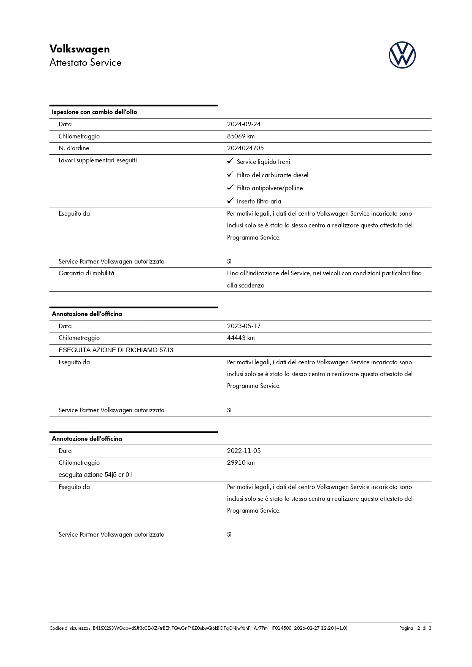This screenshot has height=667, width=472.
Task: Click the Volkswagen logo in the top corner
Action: (x=402, y=55)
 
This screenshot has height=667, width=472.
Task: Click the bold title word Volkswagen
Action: (x=79, y=49)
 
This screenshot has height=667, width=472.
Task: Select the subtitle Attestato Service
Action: (x=85, y=63)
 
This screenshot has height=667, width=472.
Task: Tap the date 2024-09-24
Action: (x=244, y=124)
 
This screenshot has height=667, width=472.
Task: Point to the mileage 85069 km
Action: (x=241, y=136)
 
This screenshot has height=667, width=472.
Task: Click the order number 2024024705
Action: (x=245, y=148)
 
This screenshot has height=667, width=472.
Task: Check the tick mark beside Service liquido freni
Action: (x=230, y=161)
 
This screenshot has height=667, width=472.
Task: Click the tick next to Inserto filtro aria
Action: (x=230, y=201)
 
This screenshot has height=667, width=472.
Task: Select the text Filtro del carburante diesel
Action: (x=272, y=175)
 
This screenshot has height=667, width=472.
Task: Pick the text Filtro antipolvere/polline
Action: (x=270, y=188)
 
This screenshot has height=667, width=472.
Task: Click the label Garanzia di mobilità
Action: (x=86, y=273)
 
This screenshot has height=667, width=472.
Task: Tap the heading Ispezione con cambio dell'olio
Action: (x=94, y=112)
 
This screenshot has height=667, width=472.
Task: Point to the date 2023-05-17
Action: (x=244, y=326)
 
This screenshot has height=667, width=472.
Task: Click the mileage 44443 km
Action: (x=241, y=338)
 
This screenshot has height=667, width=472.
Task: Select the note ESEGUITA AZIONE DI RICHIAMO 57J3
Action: (x=116, y=350)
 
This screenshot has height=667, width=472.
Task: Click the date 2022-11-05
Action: (x=244, y=451)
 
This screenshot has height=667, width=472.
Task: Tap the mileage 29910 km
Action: (x=241, y=462)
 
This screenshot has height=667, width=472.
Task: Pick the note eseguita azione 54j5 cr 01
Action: (x=95, y=475)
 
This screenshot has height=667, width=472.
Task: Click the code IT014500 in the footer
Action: (x=281, y=628)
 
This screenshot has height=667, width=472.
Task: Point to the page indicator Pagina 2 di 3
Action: (x=415, y=628)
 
